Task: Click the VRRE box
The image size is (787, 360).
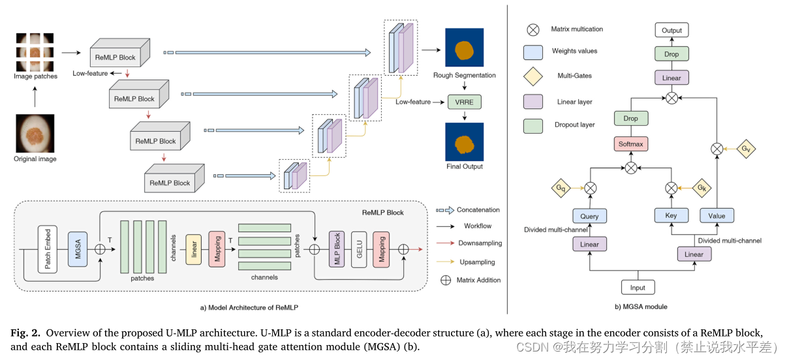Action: click(464, 102)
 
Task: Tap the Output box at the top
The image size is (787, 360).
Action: click(671, 30)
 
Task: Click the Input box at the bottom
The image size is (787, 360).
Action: click(638, 288)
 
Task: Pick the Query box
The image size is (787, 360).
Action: click(589, 216)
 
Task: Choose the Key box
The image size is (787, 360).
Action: click(671, 216)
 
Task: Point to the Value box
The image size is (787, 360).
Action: click(717, 216)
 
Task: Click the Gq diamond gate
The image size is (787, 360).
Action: click(561, 188)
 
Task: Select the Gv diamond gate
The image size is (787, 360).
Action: click(745, 149)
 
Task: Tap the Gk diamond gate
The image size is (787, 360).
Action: click(700, 188)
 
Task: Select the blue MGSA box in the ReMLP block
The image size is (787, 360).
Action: click(77, 248)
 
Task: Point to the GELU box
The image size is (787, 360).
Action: click(360, 248)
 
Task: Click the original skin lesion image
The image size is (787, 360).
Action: click(35, 133)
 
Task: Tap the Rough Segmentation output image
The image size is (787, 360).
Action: click(464, 48)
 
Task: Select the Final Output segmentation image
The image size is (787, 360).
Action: click(465, 142)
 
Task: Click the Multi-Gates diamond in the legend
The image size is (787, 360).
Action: click(533, 76)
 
